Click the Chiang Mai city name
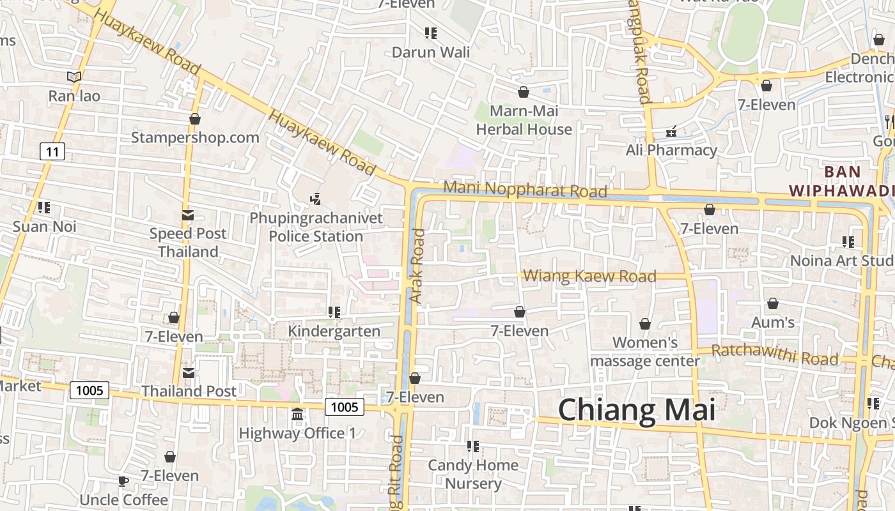click(x=637, y=409)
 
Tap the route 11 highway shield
click(x=52, y=151)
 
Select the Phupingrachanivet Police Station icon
click(x=315, y=199)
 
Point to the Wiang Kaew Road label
click(x=589, y=276)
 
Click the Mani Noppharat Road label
click(x=525, y=190)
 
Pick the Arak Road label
click(x=417, y=266)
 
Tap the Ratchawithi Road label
click(x=774, y=355)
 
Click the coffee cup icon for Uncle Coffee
click(x=123, y=481)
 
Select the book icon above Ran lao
click(x=74, y=77)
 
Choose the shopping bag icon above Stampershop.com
click(x=195, y=119)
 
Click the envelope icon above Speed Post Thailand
click(x=188, y=215)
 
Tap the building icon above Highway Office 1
click(x=297, y=415)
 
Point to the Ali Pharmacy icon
click(x=671, y=132)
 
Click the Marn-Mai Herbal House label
click(x=524, y=120)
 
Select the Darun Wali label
click(x=430, y=52)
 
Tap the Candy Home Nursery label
click(x=473, y=474)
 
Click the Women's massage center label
click(x=645, y=351)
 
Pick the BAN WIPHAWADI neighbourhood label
click(x=841, y=181)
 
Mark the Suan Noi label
click(x=45, y=226)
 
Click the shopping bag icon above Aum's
click(x=773, y=303)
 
